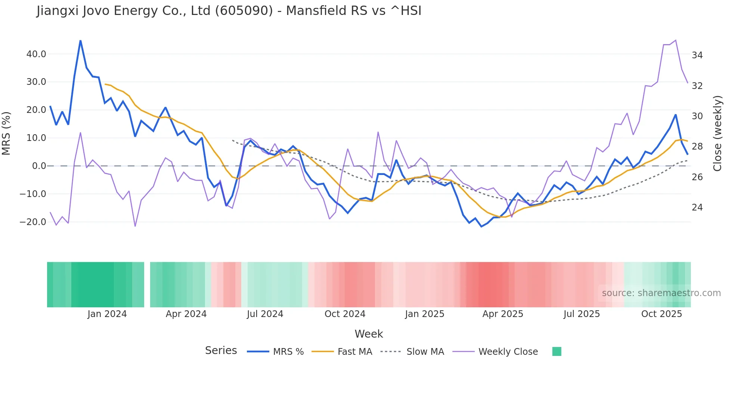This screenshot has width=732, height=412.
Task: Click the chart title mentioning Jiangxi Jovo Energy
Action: point(229,11)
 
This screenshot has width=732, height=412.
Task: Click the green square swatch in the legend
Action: point(556,351)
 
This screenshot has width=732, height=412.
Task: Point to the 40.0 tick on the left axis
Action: point(36,54)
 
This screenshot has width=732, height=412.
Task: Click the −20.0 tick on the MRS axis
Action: point(33,222)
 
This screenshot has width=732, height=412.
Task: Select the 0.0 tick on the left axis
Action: point(39,166)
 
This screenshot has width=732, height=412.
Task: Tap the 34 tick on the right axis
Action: point(697,55)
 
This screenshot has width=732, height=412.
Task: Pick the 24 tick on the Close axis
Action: point(697,207)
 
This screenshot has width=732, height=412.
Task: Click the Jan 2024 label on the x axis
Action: point(107,314)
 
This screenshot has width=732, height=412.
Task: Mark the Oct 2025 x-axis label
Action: point(661,314)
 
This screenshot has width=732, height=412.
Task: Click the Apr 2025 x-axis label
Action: point(503,314)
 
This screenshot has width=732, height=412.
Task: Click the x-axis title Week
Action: point(369,334)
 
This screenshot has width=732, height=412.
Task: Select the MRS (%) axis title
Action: point(6,133)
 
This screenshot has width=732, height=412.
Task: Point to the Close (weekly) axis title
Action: point(717,133)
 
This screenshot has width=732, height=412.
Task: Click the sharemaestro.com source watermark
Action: point(661,293)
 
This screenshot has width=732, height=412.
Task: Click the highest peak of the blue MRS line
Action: point(80,40)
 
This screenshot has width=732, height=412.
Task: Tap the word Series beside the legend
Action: point(221,351)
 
